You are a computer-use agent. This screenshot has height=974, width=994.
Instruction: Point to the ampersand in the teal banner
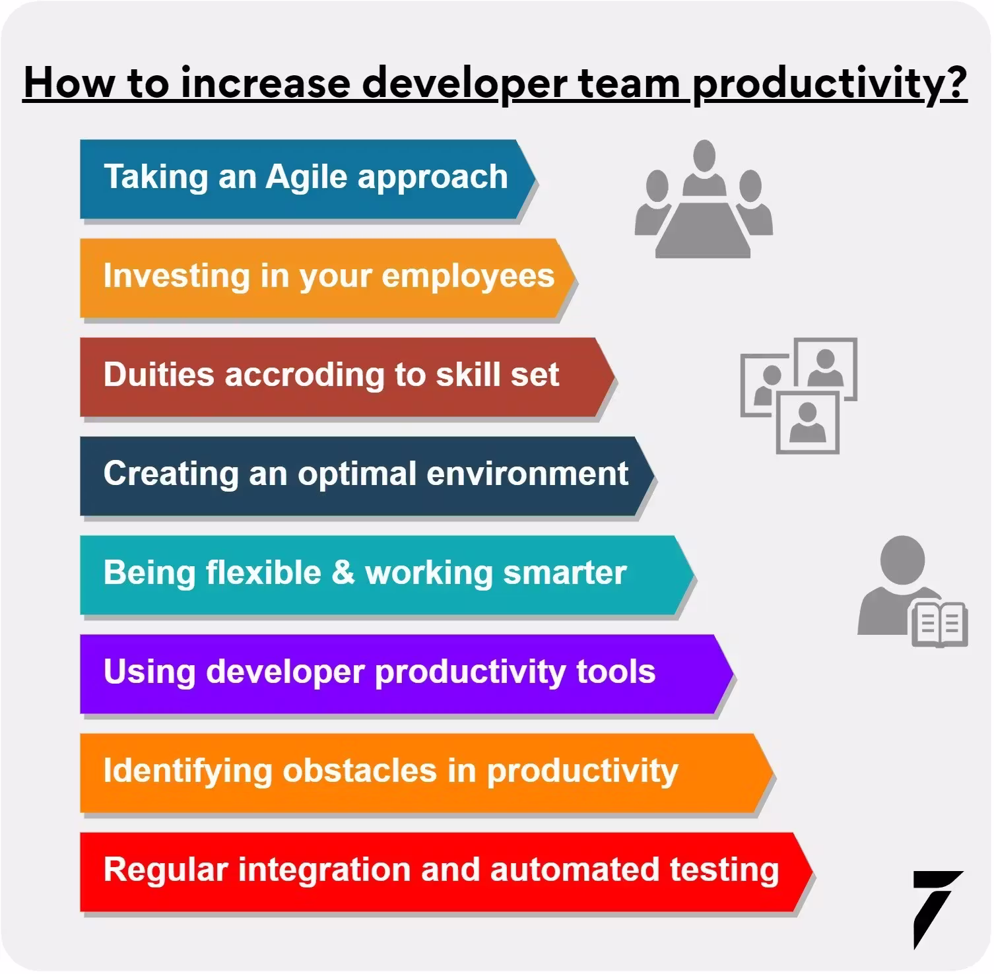click(343, 572)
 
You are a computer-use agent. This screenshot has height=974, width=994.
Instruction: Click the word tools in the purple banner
click(616, 672)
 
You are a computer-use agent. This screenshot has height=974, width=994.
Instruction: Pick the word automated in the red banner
click(574, 870)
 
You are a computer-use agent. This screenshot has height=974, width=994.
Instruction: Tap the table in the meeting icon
click(703, 231)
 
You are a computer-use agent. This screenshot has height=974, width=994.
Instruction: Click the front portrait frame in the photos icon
click(807, 422)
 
